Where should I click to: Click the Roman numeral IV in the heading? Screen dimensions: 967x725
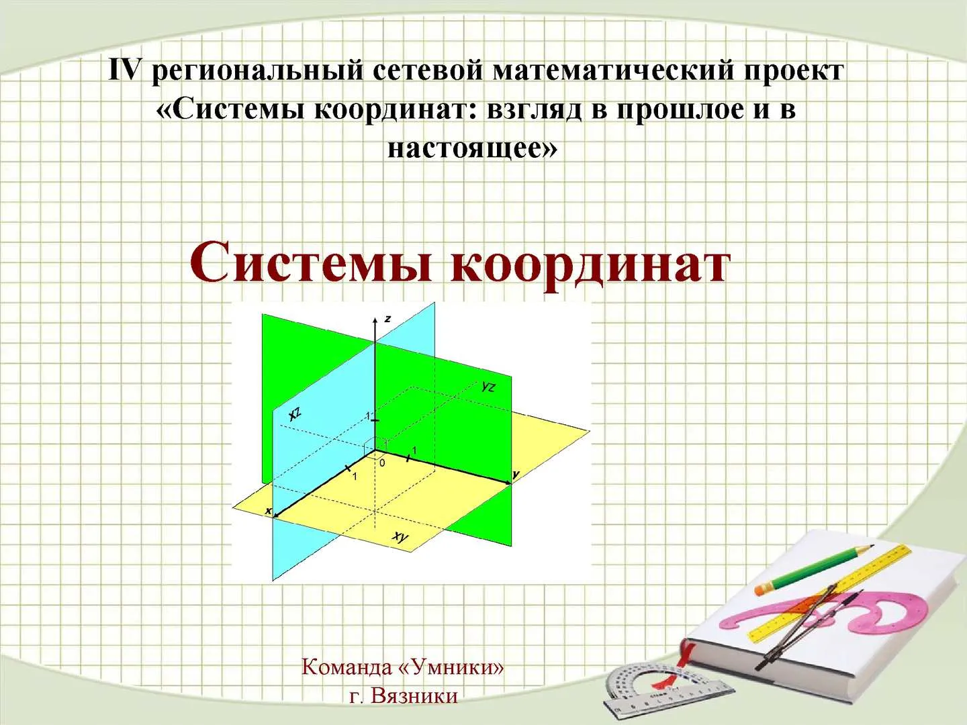124,70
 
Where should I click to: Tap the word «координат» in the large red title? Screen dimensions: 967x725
589,267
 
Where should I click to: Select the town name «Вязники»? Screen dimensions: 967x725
414,696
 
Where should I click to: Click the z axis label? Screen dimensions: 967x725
387,319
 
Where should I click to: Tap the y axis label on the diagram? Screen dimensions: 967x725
516,475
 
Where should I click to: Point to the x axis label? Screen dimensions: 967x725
268,511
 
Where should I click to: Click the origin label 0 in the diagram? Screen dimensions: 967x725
382,463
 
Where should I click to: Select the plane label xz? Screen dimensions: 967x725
295,414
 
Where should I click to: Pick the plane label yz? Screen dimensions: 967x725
489,387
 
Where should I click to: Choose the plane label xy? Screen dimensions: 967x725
401,536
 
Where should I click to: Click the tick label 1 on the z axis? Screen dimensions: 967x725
367,416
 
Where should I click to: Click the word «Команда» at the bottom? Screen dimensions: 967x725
347,667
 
